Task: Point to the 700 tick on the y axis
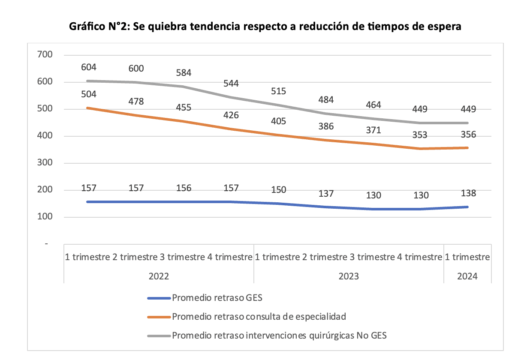45,55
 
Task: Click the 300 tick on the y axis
45,163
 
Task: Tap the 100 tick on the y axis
45,217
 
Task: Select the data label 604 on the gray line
89,67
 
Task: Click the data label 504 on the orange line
89,94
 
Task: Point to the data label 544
231,83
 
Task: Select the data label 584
184,73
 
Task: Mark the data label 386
326,126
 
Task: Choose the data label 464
373,105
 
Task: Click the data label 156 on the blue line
184,188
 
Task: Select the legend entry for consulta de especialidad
259,317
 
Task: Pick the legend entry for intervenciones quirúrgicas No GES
279,336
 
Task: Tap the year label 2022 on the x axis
159,276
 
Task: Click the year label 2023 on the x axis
348,276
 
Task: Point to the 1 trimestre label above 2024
467,257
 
